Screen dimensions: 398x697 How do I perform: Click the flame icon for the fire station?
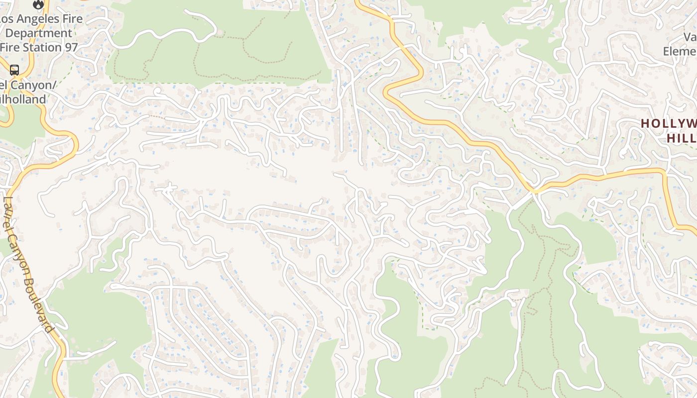pos(38,4)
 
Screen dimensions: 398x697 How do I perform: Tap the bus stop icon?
pos(14,70)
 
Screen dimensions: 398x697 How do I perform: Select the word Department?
pos(39,33)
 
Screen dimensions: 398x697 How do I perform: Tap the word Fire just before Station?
pos(10,47)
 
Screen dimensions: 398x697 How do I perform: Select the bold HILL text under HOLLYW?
pos(681,138)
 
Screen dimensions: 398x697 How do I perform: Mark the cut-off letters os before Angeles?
pos(5,19)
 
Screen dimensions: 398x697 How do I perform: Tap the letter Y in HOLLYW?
pos(678,123)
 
